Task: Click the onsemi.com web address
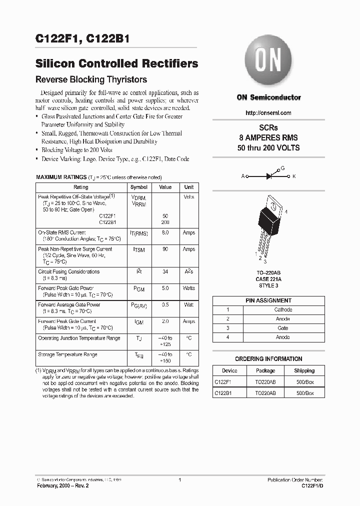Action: [x=268, y=113]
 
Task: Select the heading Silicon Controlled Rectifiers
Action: [x=117, y=63]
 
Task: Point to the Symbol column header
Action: [x=139, y=187]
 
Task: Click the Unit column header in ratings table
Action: [x=189, y=187]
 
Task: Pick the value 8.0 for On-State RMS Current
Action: [x=165, y=233]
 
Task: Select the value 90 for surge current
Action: [x=165, y=249]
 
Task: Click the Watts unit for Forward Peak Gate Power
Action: [x=189, y=288]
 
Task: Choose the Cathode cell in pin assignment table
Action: [x=283, y=310]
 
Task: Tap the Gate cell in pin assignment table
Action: [x=283, y=328]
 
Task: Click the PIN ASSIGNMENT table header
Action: [x=268, y=300]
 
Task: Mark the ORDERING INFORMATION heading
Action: [x=268, y=359]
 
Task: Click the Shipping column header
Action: [x=304, y=371]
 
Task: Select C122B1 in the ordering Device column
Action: [x=223, y=393]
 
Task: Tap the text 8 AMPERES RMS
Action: [x=268, y=138]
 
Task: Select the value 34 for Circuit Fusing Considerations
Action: [x=165, y=272]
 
